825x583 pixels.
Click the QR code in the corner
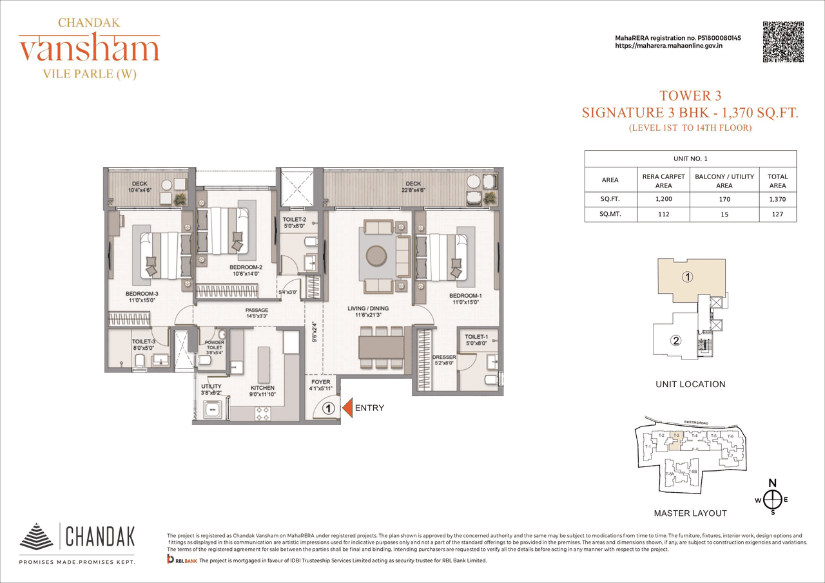click(783, 42)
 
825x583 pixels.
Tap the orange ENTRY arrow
click(346, 408)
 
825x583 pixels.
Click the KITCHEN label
click(262, 388)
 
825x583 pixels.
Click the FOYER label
click(320, 381)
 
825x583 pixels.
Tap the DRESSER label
click(444, 357)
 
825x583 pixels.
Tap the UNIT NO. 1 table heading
click(690, 158)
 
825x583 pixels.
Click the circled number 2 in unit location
click(675, 341)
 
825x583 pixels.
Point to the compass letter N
click(773, 483)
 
